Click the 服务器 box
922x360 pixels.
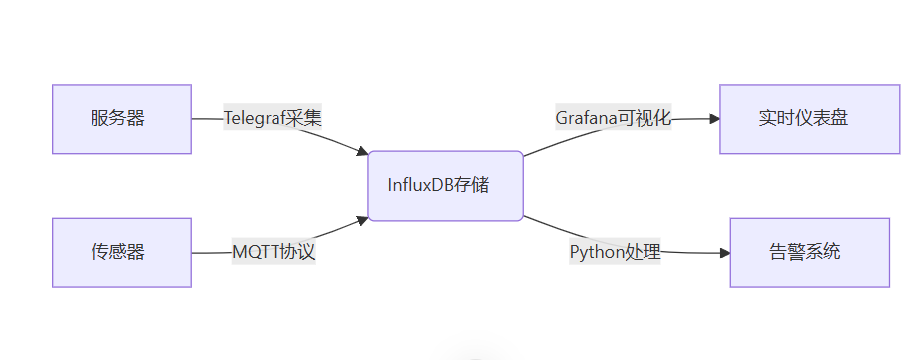coord(121,119)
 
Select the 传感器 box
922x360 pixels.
coord(121,253)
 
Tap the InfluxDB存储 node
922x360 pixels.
coord(446,186)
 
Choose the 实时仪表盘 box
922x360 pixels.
coord(810,119)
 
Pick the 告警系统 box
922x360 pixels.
coord(810,253)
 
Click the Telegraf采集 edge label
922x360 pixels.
coord(273,118)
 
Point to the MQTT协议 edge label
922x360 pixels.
coord(274,252)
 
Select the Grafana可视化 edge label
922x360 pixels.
coord(613,118)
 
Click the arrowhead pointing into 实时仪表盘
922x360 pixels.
coord(713,119)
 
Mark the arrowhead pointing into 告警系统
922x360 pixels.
coord(724,253)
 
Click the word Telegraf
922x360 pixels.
coord(253,118)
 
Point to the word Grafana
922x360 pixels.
coord(586,118)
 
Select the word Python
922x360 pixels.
coord(596,252)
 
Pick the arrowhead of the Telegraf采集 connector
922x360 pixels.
coord(362,151)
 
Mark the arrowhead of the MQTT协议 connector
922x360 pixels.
coord(362,218)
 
